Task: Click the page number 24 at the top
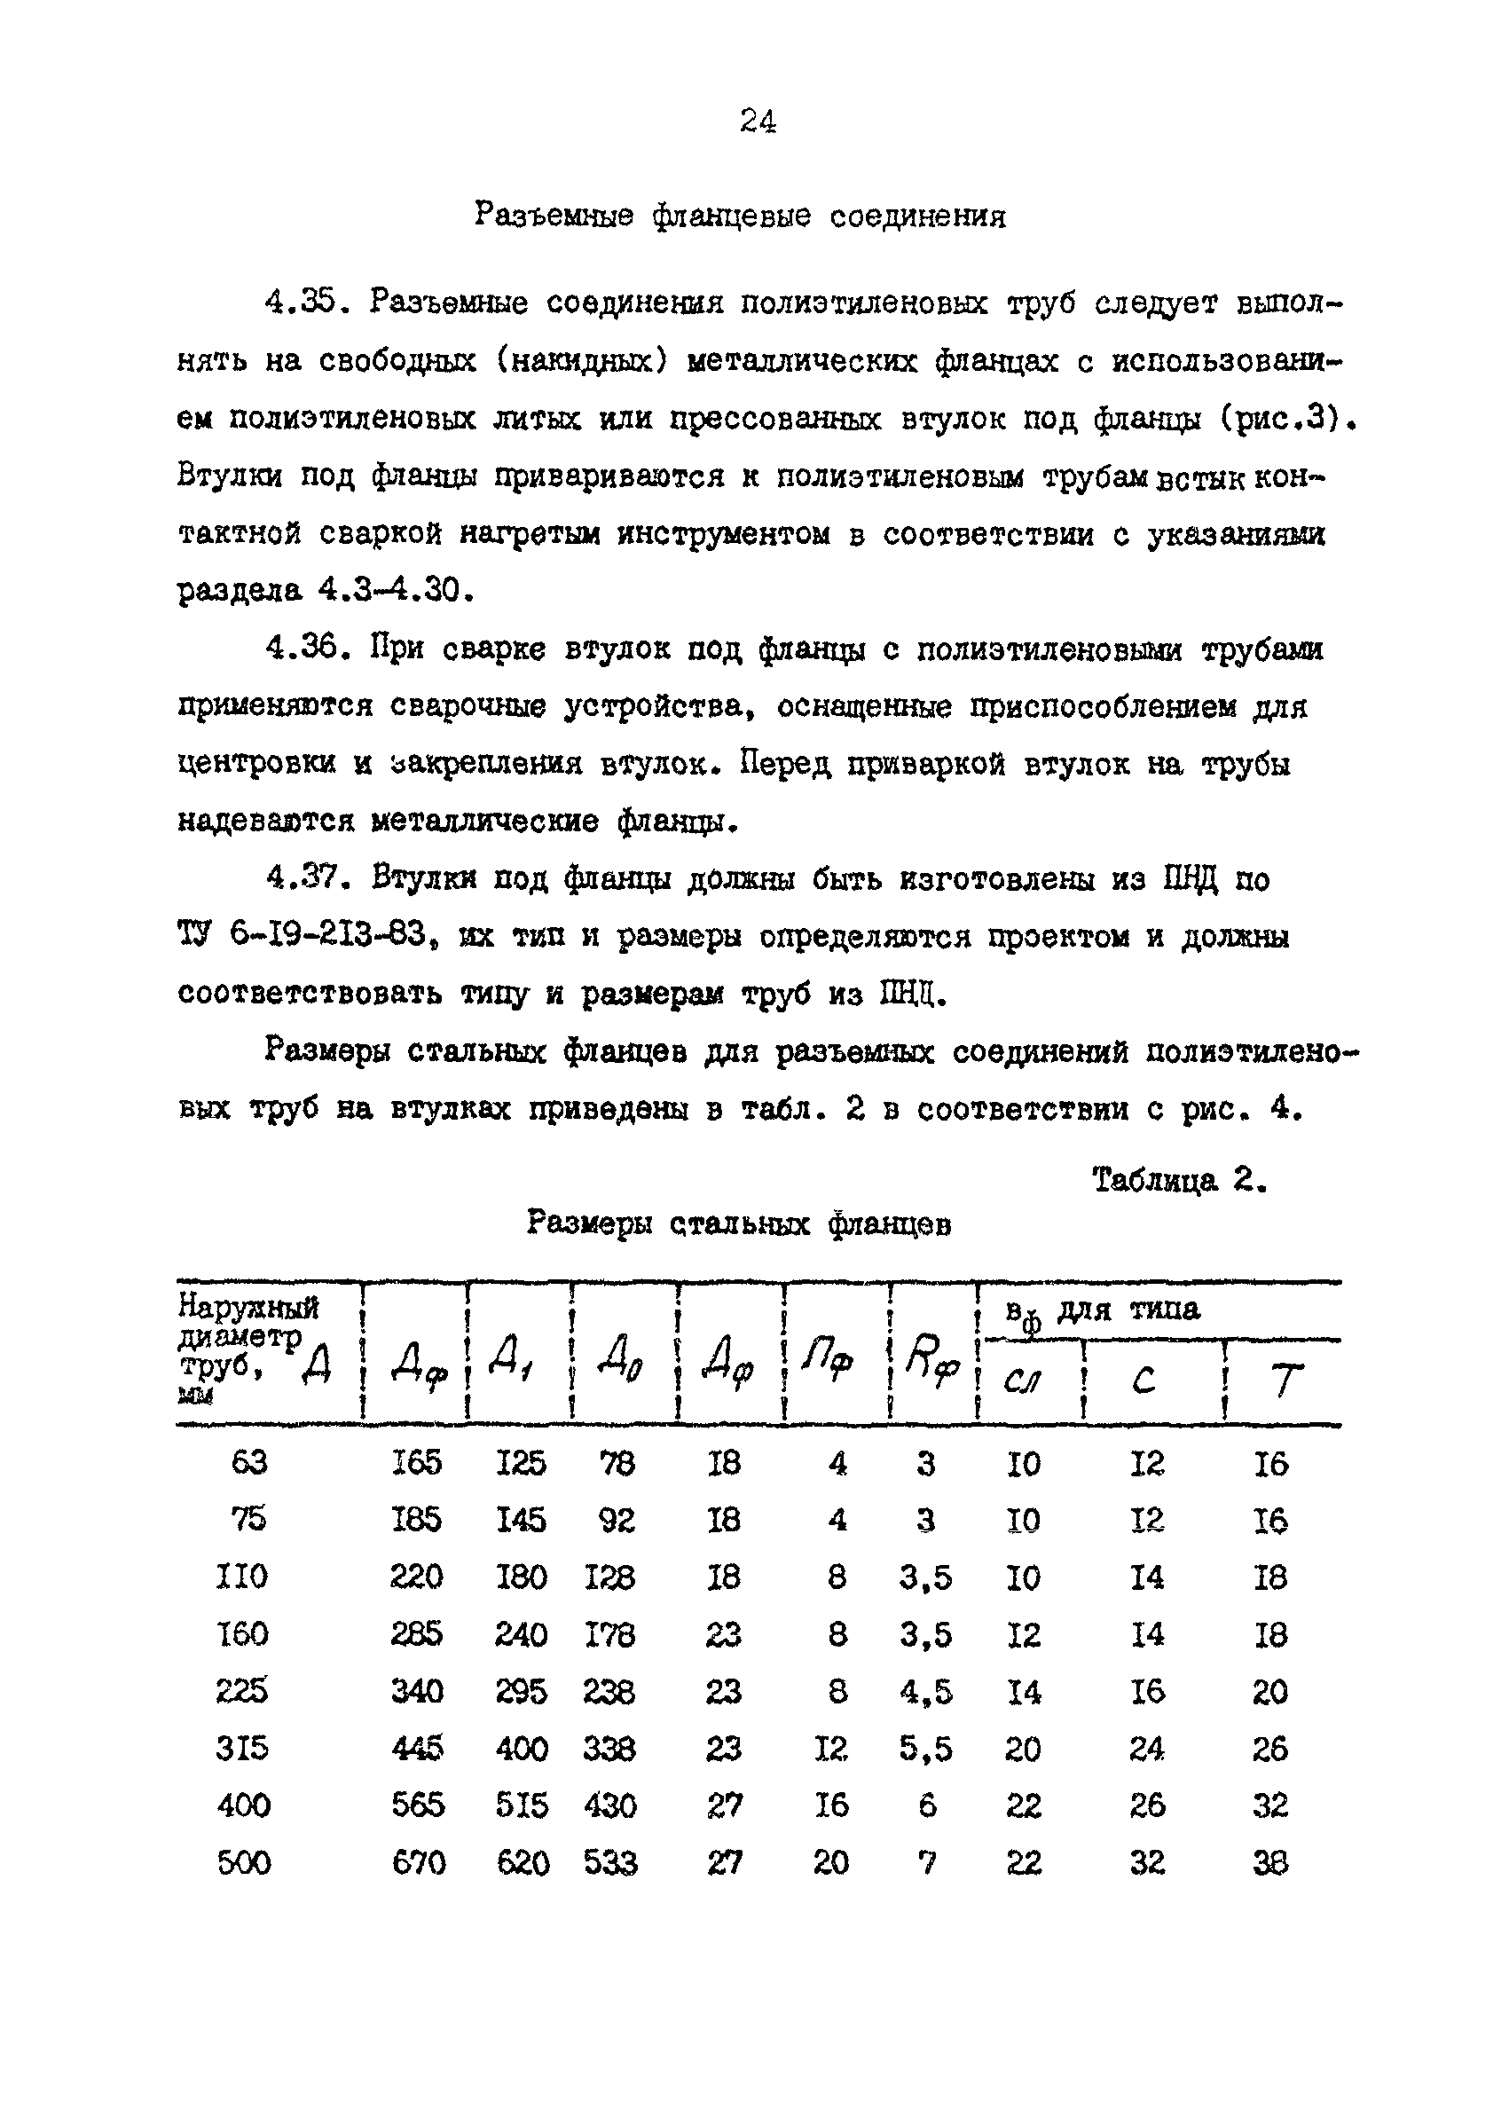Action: (758, 122)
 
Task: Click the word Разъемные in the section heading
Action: (554, 216)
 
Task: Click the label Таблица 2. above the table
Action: (1179, 1180)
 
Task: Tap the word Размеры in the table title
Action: (590, 1222)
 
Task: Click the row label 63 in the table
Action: (249, 1463)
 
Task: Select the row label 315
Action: (242, 1748)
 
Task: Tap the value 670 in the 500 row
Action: (418, 1861)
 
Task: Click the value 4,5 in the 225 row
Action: (925, 1691)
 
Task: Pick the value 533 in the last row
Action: (609, 1861)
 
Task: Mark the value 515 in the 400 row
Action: (522, 1805)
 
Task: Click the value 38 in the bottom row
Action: (1270, 1861)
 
